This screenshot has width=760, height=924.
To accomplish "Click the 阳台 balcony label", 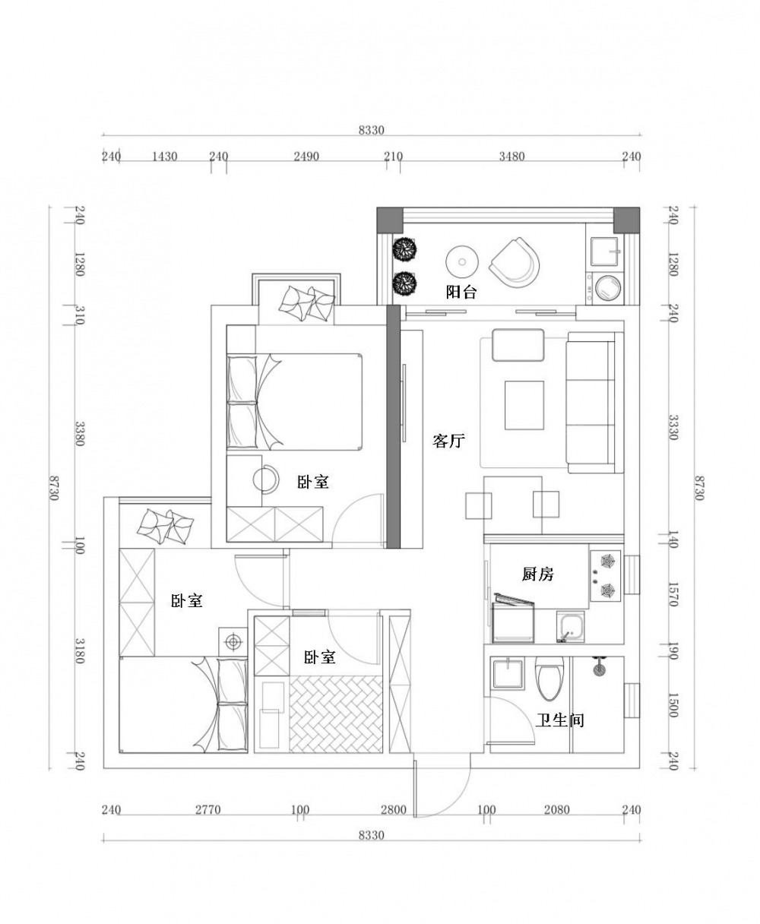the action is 461,292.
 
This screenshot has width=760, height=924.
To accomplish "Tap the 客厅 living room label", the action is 448,441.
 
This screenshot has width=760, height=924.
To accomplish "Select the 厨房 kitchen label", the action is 538,574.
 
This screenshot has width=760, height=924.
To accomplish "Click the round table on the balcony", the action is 461,261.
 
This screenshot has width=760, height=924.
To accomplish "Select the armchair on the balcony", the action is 515,262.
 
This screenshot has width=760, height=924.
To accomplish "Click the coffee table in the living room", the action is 524,405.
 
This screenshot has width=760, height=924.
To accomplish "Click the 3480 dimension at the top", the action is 511,157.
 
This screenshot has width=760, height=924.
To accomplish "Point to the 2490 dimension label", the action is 306,157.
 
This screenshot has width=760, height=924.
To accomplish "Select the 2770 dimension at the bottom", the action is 207,810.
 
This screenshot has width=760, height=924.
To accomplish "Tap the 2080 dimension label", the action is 556,810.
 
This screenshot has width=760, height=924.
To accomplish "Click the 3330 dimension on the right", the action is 673,428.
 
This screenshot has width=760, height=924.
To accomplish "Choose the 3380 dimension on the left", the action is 79,434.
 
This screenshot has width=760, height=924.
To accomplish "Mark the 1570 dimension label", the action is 673,594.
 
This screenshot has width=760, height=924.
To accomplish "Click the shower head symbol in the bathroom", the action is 599,666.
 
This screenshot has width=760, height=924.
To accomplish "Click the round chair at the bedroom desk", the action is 265,479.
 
